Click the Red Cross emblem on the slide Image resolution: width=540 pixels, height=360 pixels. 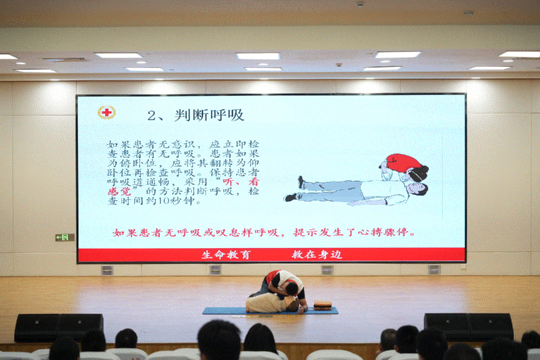pos(107,112)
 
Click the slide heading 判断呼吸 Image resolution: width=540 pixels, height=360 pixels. pos(209,115)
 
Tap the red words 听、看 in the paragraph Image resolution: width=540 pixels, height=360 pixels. pos(240,181)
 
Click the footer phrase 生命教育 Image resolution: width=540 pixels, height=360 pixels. pos(226,254)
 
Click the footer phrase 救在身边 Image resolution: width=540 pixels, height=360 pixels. pos(317,254)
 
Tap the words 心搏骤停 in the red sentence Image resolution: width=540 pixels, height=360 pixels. pos(383,232)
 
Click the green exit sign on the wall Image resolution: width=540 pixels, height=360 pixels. pos(64,237)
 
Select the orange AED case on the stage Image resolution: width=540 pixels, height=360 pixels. pos(322,305)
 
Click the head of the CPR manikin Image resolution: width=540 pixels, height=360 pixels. pos(293,305)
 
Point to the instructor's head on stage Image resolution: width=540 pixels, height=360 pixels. pos(291,288)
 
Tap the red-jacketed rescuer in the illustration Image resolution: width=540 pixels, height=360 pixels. pos(404,167)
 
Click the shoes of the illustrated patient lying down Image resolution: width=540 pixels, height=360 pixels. pos(295,189)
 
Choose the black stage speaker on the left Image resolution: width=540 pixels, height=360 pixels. pos(59,327)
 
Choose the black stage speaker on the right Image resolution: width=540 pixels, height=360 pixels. pos(468,326)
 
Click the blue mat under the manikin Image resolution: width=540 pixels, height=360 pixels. pos(270,310)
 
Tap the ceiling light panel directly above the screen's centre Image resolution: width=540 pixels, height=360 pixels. pos(258,56)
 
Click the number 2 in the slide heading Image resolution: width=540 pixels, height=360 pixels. pos(151,116)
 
